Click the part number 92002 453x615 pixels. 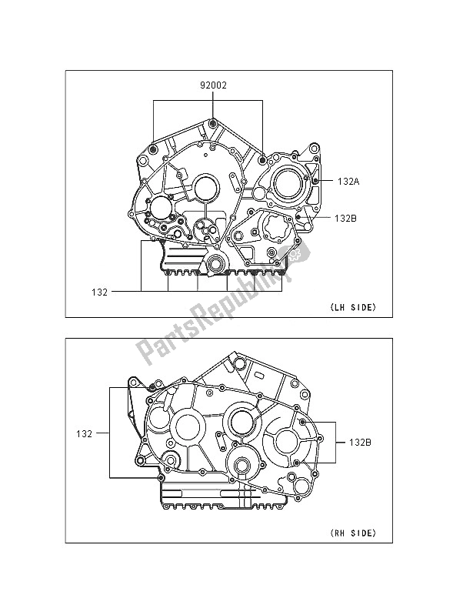[x=213, y=85]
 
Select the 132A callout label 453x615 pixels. [x=348, y=182]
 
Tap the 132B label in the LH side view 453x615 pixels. [x=345, y=218]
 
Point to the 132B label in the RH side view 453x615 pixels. [x=360, y=443]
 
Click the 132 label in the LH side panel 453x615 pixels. [x=99, y=292]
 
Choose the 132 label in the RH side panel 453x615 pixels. [x=85, y=434]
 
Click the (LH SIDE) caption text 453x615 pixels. [x=353, y=308]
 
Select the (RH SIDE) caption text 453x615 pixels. [x=353, y=533]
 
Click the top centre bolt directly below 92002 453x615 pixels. [x=213, y=124]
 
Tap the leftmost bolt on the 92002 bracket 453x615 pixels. [x=153, y=149]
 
